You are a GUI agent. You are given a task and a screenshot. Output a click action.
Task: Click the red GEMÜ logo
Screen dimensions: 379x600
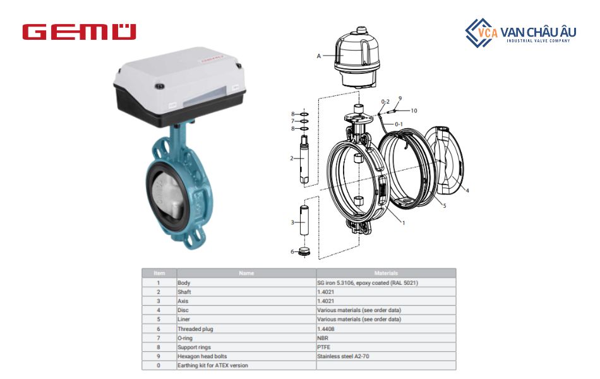[x=79, y=32]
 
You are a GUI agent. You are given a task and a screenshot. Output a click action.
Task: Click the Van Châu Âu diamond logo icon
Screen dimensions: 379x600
[x=481, y=32]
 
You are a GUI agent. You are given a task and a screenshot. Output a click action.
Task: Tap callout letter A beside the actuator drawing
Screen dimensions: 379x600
[x=319, y=56]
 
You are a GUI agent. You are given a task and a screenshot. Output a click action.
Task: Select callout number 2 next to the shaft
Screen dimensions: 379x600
[x=292, y=159]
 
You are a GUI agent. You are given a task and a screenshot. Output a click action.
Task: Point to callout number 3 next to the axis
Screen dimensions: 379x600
[x=292, y=222]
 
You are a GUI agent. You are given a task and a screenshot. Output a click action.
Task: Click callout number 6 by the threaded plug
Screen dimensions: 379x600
[x=292, y=251]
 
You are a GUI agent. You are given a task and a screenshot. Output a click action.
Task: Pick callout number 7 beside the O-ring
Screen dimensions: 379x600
[x=292, y=121]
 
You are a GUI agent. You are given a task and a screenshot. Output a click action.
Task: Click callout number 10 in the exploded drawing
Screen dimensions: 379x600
[x=414, y=111]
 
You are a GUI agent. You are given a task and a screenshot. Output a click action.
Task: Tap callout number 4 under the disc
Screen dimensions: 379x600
[x=467, y=190]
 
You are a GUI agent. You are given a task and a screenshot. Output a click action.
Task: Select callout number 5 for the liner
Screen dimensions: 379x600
[x=444, y=206]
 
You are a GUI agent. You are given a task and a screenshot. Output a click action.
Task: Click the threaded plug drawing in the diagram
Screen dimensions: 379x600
[x=305, y=251]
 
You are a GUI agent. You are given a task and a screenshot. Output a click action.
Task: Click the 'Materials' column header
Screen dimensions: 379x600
[x=385, y=273]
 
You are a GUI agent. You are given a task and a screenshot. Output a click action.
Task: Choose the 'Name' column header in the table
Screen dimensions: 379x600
[x=246, y=273]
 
